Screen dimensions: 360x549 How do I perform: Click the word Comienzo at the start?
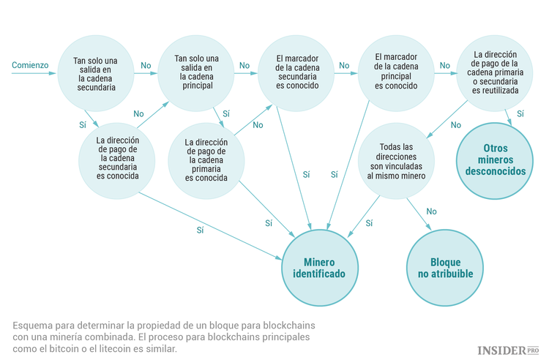click(x=30, y=65)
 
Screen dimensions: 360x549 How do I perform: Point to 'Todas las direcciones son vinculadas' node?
click(x=396, y=162)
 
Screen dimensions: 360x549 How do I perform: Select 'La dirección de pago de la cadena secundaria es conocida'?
click(x=118, y=156)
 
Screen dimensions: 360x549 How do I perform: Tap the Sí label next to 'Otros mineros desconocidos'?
click(x=520, y=113)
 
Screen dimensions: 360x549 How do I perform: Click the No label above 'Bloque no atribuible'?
click(x=431, y=211)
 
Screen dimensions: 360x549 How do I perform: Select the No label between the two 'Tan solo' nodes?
click(x=146, y=65)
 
